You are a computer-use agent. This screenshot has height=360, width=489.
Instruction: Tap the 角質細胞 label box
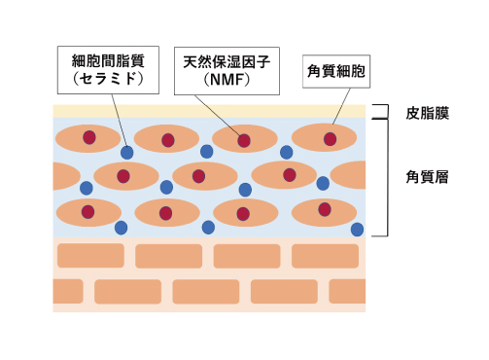point(336,71)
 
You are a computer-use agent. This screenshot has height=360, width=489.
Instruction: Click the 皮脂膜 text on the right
point(427,113)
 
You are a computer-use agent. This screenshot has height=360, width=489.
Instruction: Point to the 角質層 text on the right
point(427,177)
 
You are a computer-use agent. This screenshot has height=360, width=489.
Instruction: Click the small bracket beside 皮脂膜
point(385,111)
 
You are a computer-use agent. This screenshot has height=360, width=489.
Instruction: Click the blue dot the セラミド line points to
point(127,153)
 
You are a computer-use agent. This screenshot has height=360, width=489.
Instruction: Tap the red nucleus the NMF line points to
point(244,140)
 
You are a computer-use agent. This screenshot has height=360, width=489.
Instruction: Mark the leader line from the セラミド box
point(117,122)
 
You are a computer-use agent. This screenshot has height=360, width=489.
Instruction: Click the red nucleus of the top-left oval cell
point(89,138)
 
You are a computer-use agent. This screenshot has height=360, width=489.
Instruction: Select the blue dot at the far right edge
point(358,230)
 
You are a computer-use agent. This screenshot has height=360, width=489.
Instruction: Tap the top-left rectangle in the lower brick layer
point(90,256)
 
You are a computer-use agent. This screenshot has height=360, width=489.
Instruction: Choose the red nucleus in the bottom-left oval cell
point(87,211)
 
